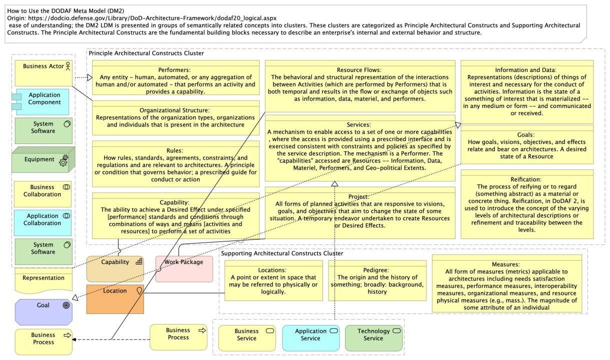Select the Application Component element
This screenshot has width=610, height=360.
44,101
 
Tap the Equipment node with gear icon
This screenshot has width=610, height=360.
43,159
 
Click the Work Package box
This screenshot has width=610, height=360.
184,269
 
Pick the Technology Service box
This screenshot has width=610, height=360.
373,338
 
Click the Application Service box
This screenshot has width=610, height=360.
310,338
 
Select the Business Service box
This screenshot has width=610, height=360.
247,338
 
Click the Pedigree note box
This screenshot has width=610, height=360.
377,280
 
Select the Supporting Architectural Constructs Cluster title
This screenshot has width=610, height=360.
282,253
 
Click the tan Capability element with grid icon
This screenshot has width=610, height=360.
115,269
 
